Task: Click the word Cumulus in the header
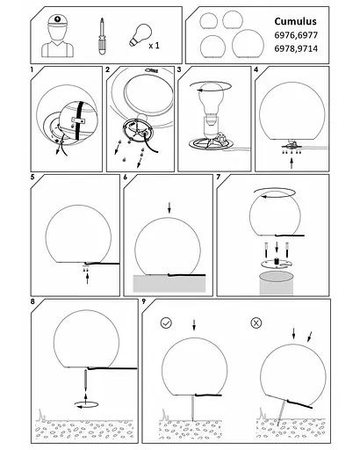(x=295, y=21)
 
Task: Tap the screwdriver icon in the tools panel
(x=102, y=37)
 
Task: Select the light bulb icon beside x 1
(x=140, y=35)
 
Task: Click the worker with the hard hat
(x=58, y=36)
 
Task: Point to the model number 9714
(x=306, y=48)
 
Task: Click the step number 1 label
(x=32, y=69)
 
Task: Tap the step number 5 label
(x=32, y=177)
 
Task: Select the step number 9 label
(x=144, y=301)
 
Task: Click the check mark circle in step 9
(x=166, y=323)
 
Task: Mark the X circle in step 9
(x=256, y=323)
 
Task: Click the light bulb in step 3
(x=211, y=98)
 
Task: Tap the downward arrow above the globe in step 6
(x=169, y=208)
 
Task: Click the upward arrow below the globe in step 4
(x=292, y=163)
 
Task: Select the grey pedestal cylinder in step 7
(x=277, y=283)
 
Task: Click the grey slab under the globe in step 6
(x=169, y=284)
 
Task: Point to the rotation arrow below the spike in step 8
(x=87, y=405)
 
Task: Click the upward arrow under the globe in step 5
(x=87, y=278)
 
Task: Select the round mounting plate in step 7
(x=277, y=264)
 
